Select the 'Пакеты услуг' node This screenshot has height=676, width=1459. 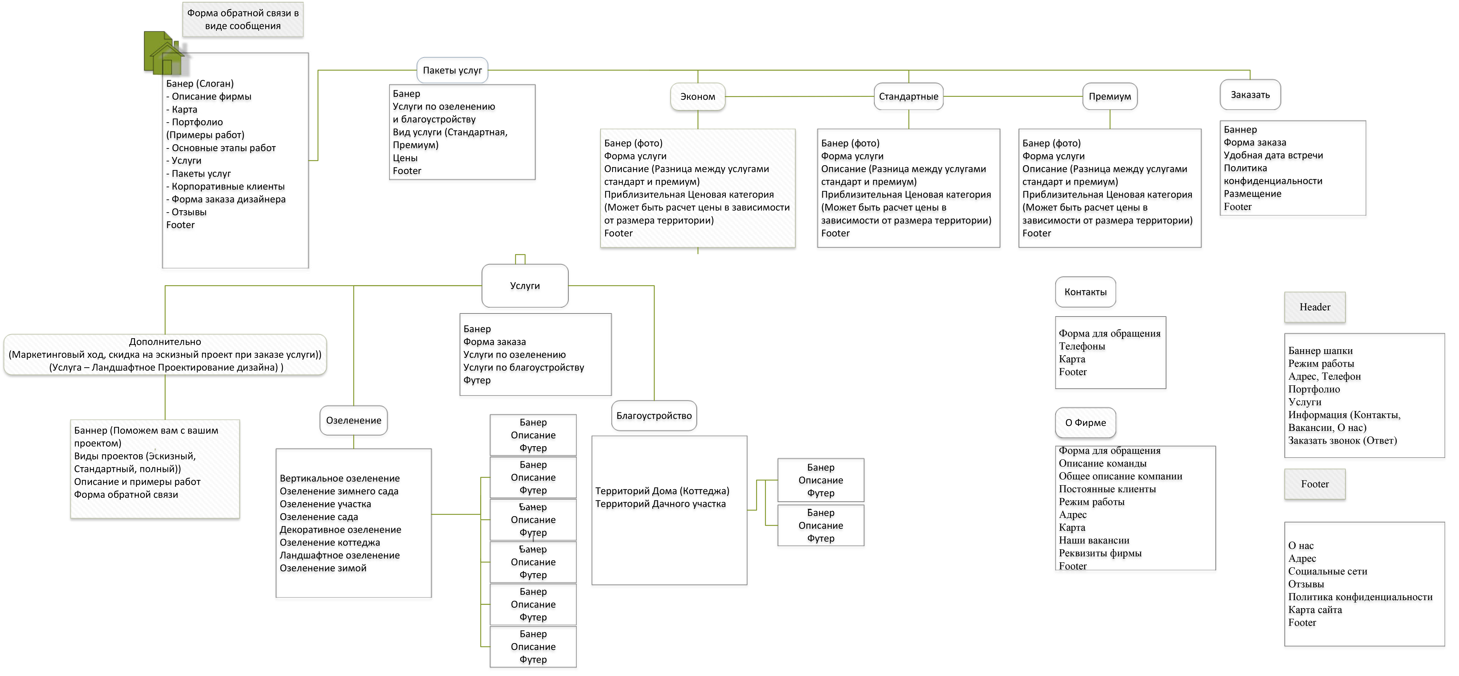pos(452,70)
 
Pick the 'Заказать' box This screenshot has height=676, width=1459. pos(1250,95)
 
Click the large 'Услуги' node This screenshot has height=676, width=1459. pos(525,286)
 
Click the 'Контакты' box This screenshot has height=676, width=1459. pos(1085,292)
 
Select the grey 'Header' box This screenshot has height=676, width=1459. pos(1315,307)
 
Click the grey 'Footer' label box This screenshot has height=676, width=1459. pos(1315,484)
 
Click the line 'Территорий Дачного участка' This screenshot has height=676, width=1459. pos(660,504)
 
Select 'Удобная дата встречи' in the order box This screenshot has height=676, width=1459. pos(1273,155)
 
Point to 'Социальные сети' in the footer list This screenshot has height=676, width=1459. pos(1328,571)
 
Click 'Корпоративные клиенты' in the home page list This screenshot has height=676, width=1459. pos(225,186)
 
